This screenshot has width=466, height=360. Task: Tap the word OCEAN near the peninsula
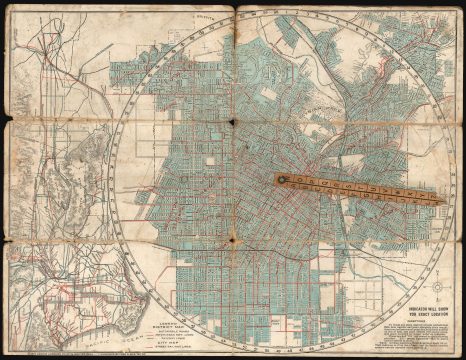[x=127, y=67]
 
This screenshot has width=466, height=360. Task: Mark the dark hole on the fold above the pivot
[x=233, y=122]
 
